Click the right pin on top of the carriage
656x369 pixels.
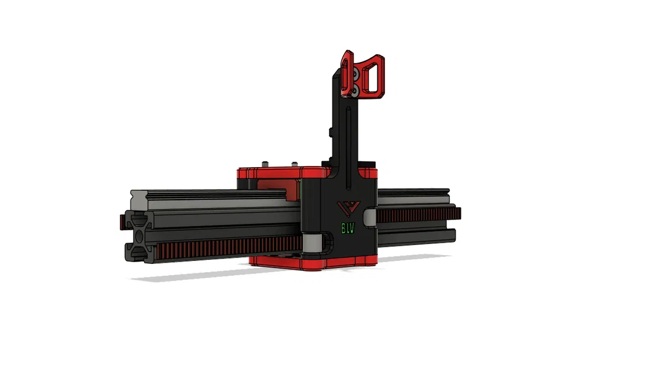tap(293, 165)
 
